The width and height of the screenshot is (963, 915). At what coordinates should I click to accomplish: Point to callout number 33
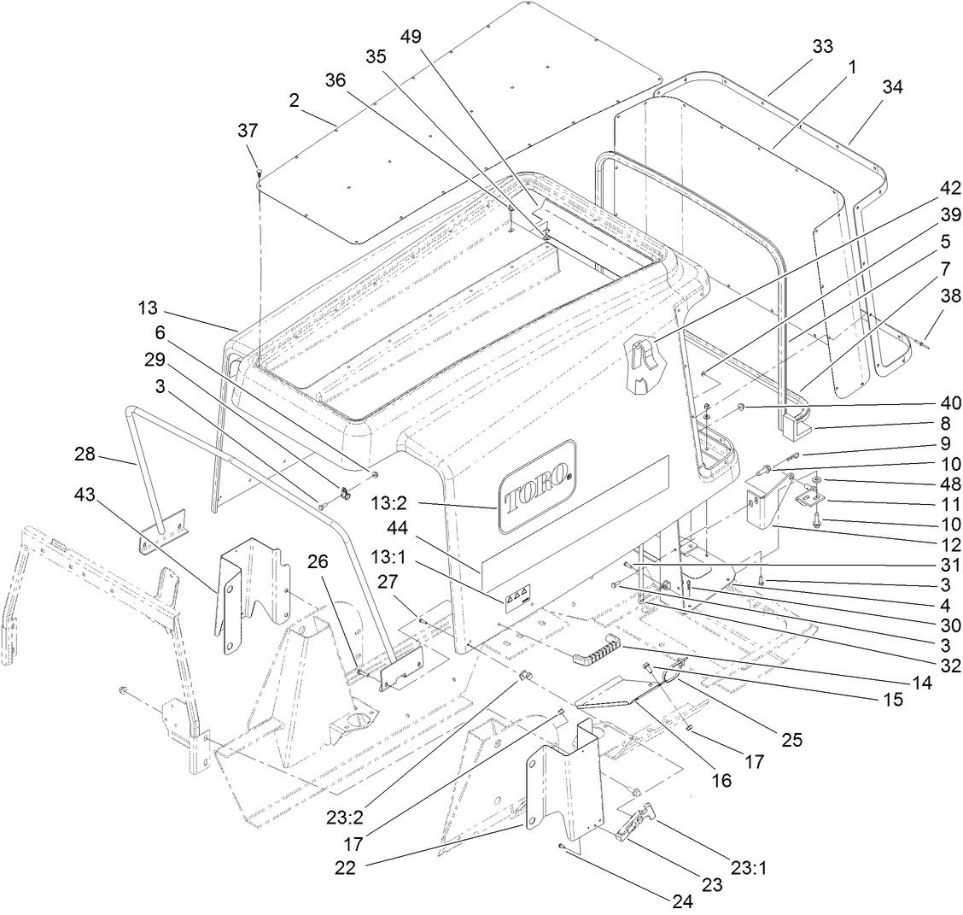click(822, 46)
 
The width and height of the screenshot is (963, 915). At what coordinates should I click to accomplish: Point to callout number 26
click(318, 562)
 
